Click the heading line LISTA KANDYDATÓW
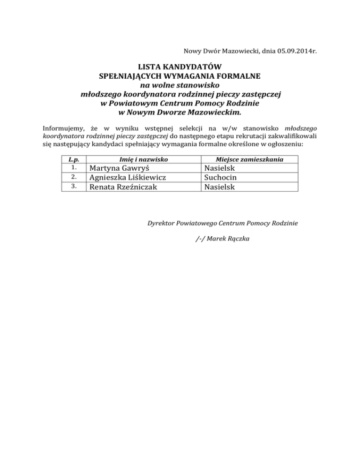click(x=180, y=67)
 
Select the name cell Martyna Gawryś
click(x=119, y=168)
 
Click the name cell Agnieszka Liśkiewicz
click(x=127, y=178)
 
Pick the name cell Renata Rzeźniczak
click(x=123, y=187)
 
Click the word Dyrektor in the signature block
click(x=163, y=222)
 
